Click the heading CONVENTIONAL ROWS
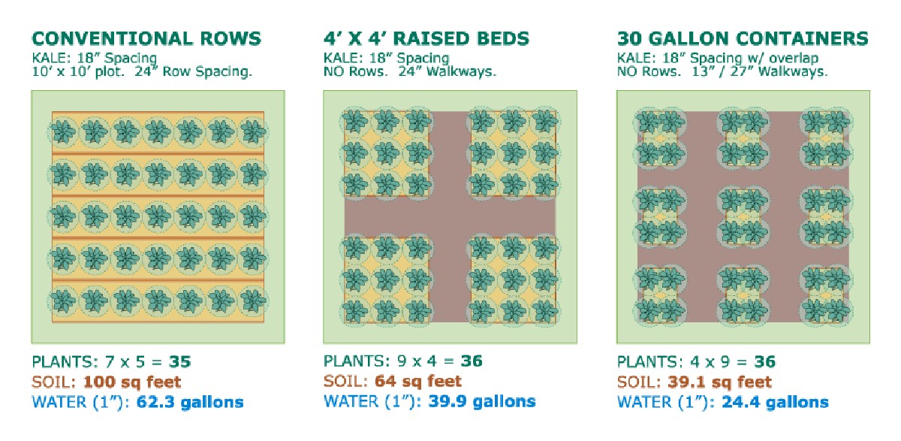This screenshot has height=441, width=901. coord(146,38)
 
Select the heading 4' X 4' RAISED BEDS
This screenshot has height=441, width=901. coord(426,38)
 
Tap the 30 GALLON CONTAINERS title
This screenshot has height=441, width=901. coord(743,38)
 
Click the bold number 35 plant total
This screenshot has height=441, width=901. coord(179,361)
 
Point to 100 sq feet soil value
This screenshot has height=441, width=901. coord(132,382)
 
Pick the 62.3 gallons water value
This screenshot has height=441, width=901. coord(190,402)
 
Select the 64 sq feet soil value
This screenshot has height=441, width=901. coord(418,381)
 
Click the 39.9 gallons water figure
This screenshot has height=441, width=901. coord(482,401)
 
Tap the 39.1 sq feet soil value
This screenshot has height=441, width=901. coord(719,382)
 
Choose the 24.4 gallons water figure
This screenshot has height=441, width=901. coord(775,402)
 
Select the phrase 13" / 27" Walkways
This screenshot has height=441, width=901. coord(760,71)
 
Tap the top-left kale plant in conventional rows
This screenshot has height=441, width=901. coord(63,131)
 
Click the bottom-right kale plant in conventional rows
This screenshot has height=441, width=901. coord(252,301)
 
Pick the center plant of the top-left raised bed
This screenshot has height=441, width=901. coord(386,154)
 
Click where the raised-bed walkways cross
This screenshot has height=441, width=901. coord(450,217)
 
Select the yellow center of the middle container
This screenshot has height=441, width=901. coord(743,217)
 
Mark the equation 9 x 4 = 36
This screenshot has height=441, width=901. coord(440,361)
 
